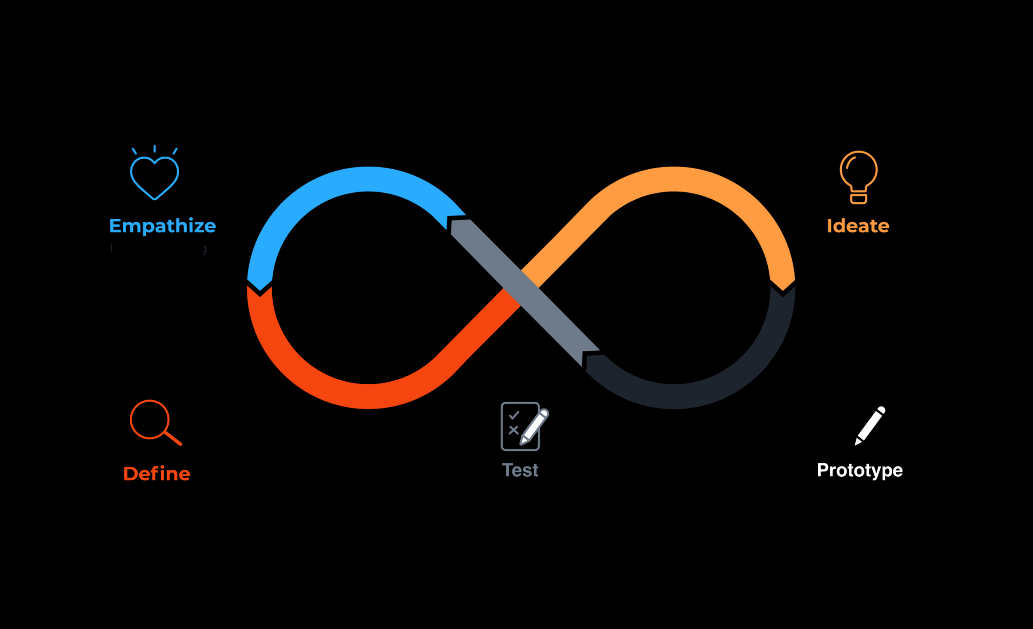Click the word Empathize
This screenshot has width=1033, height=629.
click(162, 226)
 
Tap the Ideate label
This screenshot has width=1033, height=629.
click(858, 226)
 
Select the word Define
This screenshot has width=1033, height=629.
click(156, 474)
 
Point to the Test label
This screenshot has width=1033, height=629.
click(520, 470)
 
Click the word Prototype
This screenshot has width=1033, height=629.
click(859, 470)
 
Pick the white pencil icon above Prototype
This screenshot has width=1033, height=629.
click(870, 426)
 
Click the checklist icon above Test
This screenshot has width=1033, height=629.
click(520, 426)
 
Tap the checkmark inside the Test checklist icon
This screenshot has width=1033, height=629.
click(514, 416)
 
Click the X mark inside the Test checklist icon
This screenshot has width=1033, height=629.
click(514, 430)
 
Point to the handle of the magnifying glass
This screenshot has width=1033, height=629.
click(173, 438)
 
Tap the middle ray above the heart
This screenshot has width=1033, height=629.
click(154, 149)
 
